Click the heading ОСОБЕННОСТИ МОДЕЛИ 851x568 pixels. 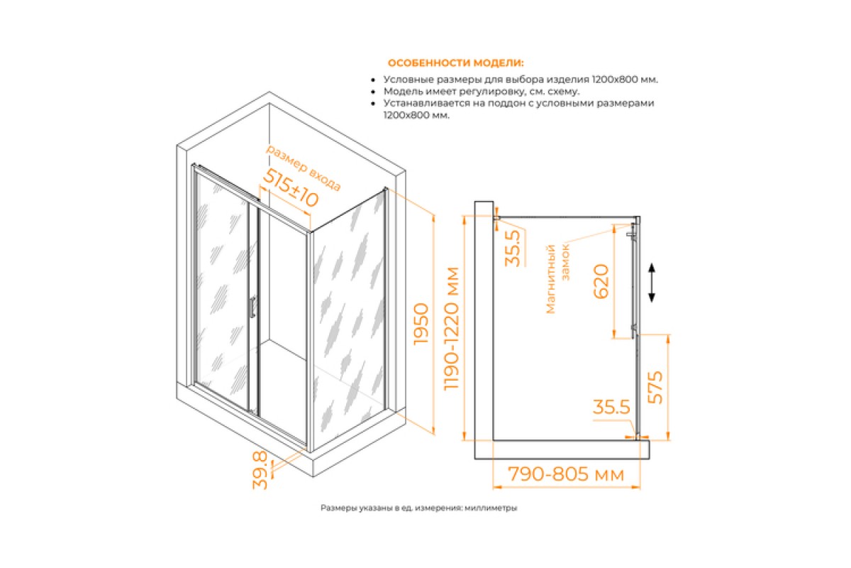pyautogui.click(x=455, y=62)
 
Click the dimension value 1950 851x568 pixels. pyautogui.click(x=421, y=324)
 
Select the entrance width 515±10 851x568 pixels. pyautogui.click(x=290, y=188)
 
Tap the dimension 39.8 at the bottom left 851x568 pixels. pyautogui.click(x=260, y=470)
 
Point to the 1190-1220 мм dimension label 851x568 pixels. pyautogui.click(x=452, y=328)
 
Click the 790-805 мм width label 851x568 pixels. pyautogui.click(x=566, y=474)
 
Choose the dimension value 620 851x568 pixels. pyautogui.click(x=601, y=281)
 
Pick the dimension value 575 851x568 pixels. pyautogui.click(x=655, y=387)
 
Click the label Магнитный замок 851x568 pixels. pyautogui.click(x=557, y=279)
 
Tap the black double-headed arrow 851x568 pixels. pyautogui.click(x=652, y=283)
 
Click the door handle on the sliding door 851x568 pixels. pyautogui.click(x=252, y=307)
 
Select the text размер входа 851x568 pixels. pyautogui.click(x=304, y=167)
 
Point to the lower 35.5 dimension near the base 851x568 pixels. pyautogui.click(x=611, y=407)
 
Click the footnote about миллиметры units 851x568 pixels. pyautogui.click(x=418, y=508)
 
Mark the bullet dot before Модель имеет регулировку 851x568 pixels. pyautogui.click(x=374, y=92)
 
